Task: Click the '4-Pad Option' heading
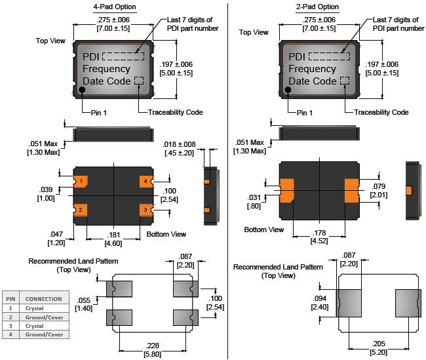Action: tap(115, 7)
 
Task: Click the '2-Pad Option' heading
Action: tap(318, 7)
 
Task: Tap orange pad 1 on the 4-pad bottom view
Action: tap(81, 181)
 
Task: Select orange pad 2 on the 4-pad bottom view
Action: tap(81, 209)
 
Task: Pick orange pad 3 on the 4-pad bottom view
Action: tap(145, 209)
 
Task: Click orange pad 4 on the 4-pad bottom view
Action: tap(145, 181)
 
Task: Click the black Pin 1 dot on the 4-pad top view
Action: tap(83, 90)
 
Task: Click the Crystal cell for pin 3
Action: tap(35, 326)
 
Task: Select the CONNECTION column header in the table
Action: tap(44, 299)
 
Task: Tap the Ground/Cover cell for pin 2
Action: tap(44, 317)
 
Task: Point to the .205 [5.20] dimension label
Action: tap(360, 348)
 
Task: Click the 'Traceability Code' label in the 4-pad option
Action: tap(176, 112)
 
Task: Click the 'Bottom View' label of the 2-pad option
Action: tap(264, 230)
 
